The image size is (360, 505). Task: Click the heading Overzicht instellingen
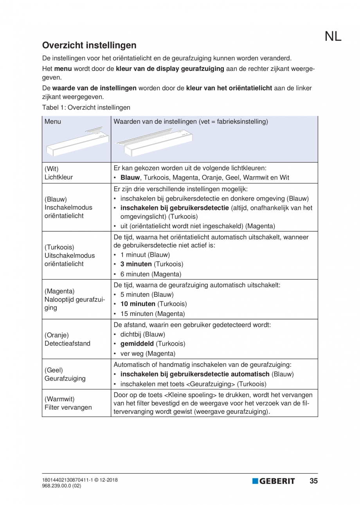[x=89, y=45]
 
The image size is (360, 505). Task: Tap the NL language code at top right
[x=333, y=36]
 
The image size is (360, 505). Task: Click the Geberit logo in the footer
[x=274, y=481]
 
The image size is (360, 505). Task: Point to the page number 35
[x=313, y=481]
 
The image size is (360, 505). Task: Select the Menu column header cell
[x=53, y=121]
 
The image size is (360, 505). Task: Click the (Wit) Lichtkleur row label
[x=59, y=173]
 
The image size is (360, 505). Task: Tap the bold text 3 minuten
[x=136, y=264]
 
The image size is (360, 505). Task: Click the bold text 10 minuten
[x=138, y=304]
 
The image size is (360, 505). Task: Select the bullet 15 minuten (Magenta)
[x=152, y=314]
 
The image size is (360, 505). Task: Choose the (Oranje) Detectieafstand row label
[x=67, y=339]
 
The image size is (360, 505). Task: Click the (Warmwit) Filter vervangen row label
[x=68, y=403]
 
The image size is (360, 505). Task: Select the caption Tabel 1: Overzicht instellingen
[x=86, y=107]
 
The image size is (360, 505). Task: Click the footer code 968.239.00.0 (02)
[x=62, y=485]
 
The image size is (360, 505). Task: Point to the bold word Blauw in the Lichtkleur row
[x=130, y=177]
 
